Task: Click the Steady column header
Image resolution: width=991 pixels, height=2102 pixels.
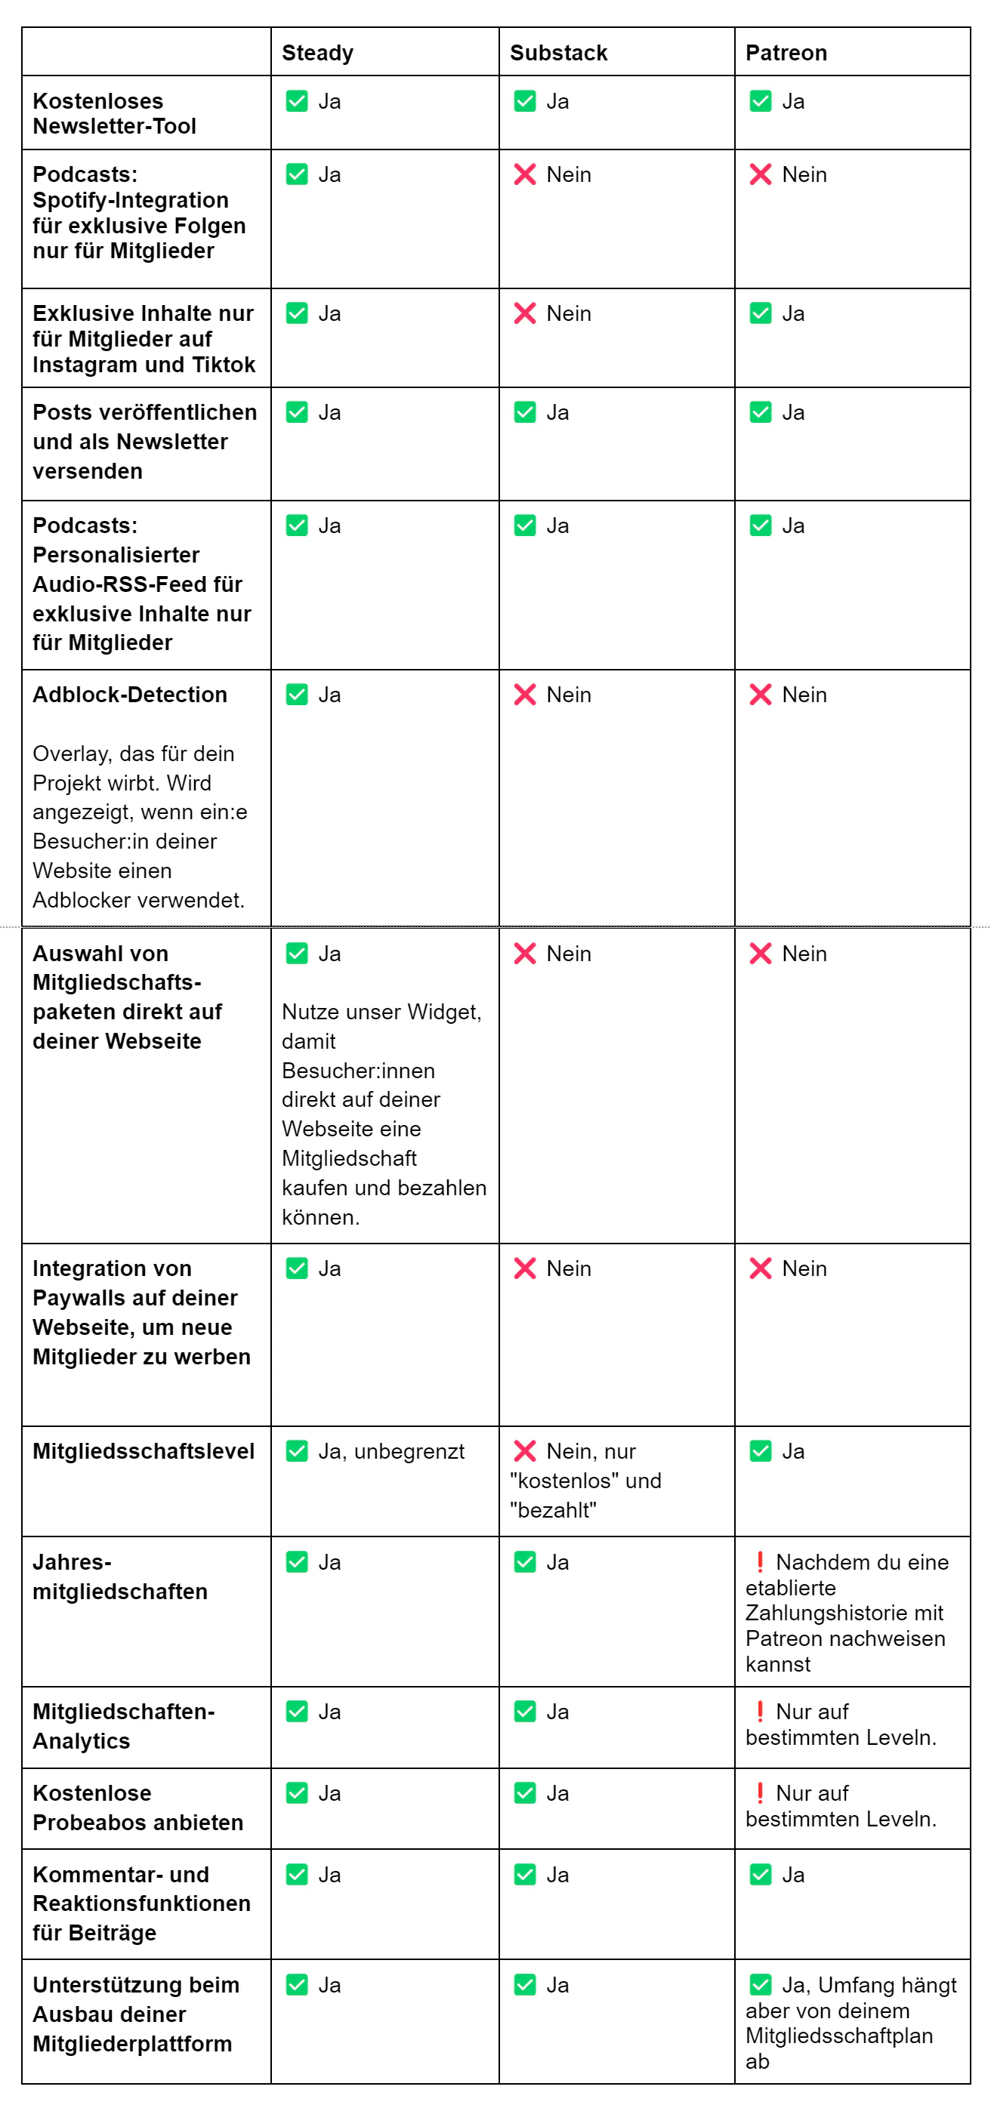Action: (317, 53)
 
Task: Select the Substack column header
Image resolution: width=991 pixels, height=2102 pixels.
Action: (558, 53)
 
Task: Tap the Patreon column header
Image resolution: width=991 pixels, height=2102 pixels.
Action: (786, 53)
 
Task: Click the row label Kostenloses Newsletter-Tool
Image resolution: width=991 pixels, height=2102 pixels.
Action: (114, 113)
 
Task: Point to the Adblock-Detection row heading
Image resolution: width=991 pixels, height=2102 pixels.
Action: (130, 695)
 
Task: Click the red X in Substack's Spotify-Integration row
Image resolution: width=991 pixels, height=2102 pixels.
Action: (525, 174)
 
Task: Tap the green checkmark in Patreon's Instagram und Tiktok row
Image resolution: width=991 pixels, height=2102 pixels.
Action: (760, 313)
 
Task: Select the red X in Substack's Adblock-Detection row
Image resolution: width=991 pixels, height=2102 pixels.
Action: (525, 695)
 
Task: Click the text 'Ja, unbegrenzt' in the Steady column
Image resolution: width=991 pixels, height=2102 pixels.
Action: (391, 1451)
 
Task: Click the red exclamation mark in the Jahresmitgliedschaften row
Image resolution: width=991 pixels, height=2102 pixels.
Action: (760, 1561)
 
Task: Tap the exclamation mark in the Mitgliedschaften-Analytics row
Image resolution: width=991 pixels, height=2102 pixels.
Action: (760, 1710)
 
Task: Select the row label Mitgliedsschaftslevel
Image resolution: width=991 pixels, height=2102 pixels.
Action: (144, 1451)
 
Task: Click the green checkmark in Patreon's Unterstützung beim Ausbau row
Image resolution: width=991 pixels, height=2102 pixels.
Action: (760, 1984)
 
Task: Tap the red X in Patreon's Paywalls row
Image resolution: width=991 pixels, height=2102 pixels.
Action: (760, 1268)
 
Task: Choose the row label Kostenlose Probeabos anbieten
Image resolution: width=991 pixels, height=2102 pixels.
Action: (137, 1808)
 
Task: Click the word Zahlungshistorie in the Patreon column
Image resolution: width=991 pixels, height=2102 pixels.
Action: (844, 1613)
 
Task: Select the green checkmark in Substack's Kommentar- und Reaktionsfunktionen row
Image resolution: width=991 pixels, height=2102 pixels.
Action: (525, 1874)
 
